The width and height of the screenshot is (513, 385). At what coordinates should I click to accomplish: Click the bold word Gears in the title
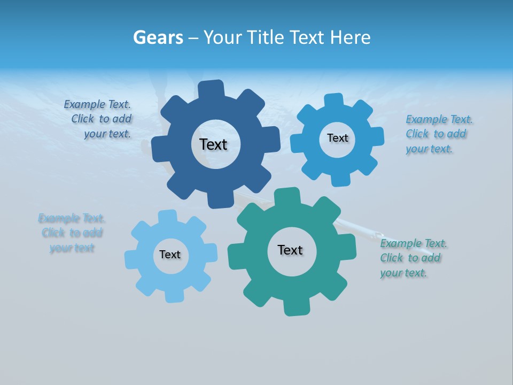point(157,37)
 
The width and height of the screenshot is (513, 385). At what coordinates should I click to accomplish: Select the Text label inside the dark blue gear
point(213,144)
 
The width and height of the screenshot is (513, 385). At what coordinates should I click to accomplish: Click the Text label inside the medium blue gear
point(337,138)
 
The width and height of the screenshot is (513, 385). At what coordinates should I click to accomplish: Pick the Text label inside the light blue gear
point(170,255)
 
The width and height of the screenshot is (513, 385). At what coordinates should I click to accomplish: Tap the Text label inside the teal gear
point(290,250)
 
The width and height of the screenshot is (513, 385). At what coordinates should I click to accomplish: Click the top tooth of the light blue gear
point(167,216)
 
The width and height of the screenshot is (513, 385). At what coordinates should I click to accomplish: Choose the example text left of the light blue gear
point(72,233)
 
